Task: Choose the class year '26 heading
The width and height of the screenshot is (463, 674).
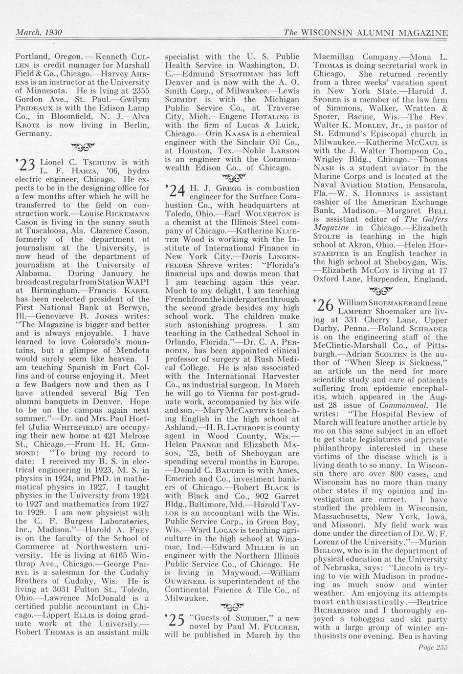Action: click(323, 305)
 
